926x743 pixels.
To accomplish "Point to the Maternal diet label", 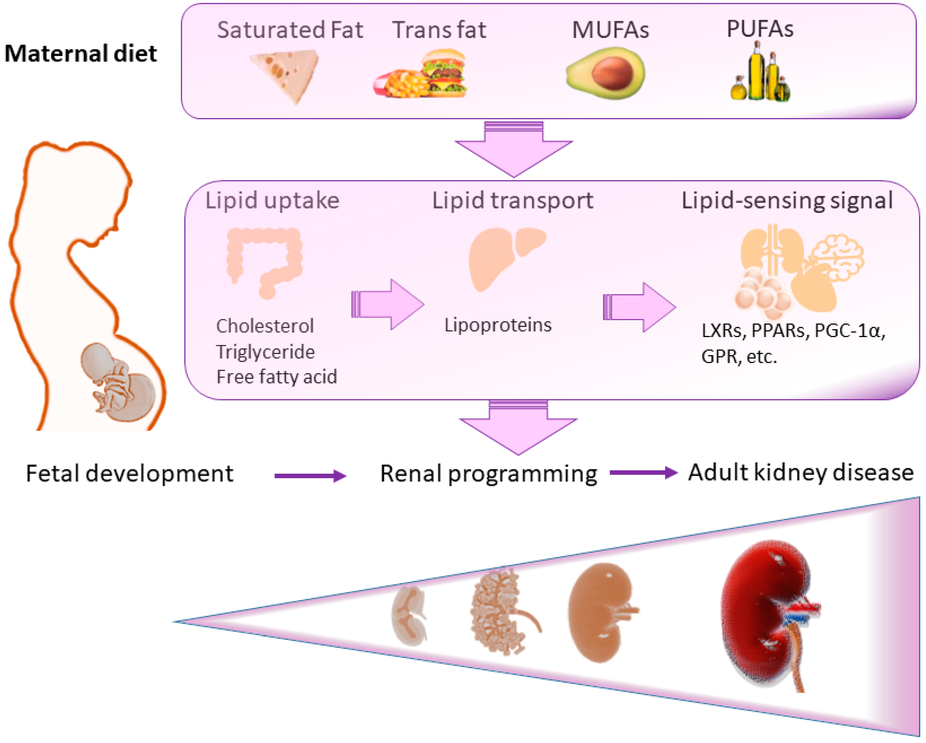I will [x=81, y=54].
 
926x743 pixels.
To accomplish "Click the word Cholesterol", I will [x=265, y=326].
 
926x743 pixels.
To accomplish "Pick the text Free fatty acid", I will [x=277, y=377].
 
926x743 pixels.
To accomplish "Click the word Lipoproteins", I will [x=498, y=325].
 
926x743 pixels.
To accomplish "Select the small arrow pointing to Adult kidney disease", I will [x=643, y=472].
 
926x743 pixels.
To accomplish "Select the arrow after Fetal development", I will [x=310, y=476].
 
